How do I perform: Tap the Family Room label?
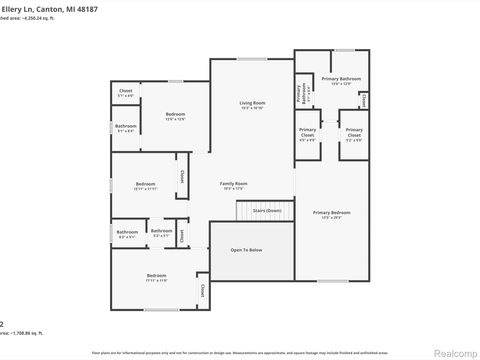coord(233,184)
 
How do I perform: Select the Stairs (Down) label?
coord(266,211)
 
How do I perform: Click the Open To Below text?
coord(246,250)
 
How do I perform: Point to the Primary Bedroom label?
coord(331,212)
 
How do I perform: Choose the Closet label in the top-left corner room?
coord(126,92)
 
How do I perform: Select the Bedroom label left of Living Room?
coord(176,115)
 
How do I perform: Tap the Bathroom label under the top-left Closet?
coord(125,126)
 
